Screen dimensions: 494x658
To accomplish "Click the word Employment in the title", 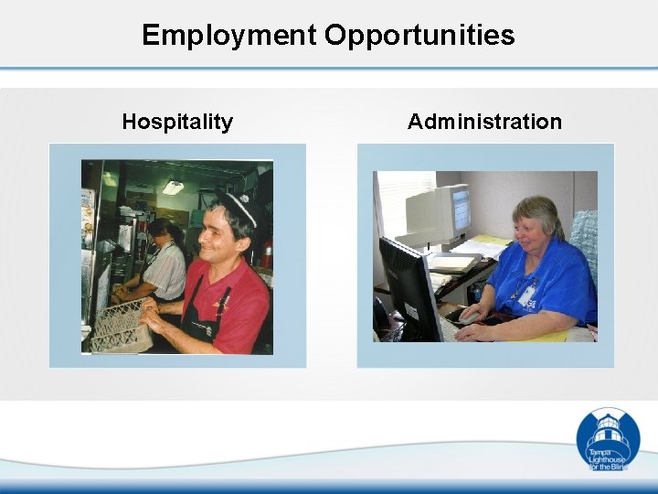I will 228,36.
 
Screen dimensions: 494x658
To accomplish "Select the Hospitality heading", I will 177,122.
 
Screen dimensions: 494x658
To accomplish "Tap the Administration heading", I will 484,122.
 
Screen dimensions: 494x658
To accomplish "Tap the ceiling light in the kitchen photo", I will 173,188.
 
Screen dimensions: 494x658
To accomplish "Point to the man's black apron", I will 206,316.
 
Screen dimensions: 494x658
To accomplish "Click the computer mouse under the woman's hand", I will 467,319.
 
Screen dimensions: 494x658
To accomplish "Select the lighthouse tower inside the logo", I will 608,431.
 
